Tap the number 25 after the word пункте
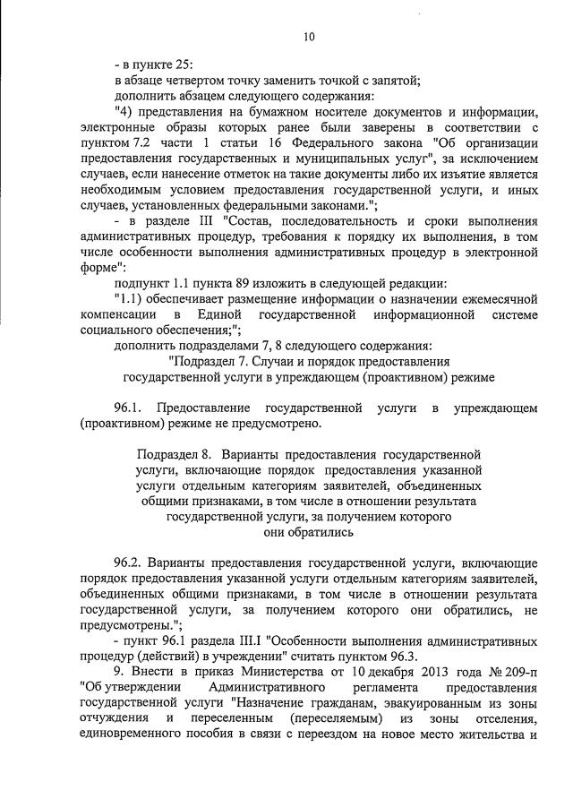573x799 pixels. pyautogui.click(x=184, y=65)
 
